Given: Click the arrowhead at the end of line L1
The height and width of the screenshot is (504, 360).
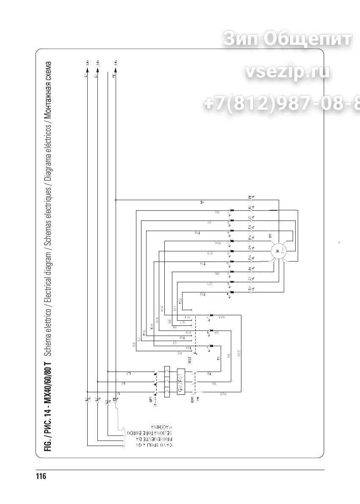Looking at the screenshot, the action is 86,68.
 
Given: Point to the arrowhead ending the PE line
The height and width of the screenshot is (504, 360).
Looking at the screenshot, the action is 115,68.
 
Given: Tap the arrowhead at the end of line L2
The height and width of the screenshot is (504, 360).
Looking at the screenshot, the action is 97,68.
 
